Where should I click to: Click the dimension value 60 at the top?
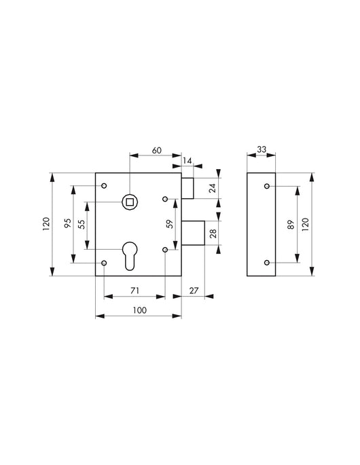156,150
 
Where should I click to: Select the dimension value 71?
134,291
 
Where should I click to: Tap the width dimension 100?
139,310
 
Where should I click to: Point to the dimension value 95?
68,223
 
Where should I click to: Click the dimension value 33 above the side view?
262,150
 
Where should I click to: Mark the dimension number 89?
291,223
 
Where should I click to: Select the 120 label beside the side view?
306,223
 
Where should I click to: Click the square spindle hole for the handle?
128,200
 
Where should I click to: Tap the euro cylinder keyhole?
128,255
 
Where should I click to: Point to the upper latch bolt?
189,189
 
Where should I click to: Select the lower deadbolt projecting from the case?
194,234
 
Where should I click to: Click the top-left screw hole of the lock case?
104,185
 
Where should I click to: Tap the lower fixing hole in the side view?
266,262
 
